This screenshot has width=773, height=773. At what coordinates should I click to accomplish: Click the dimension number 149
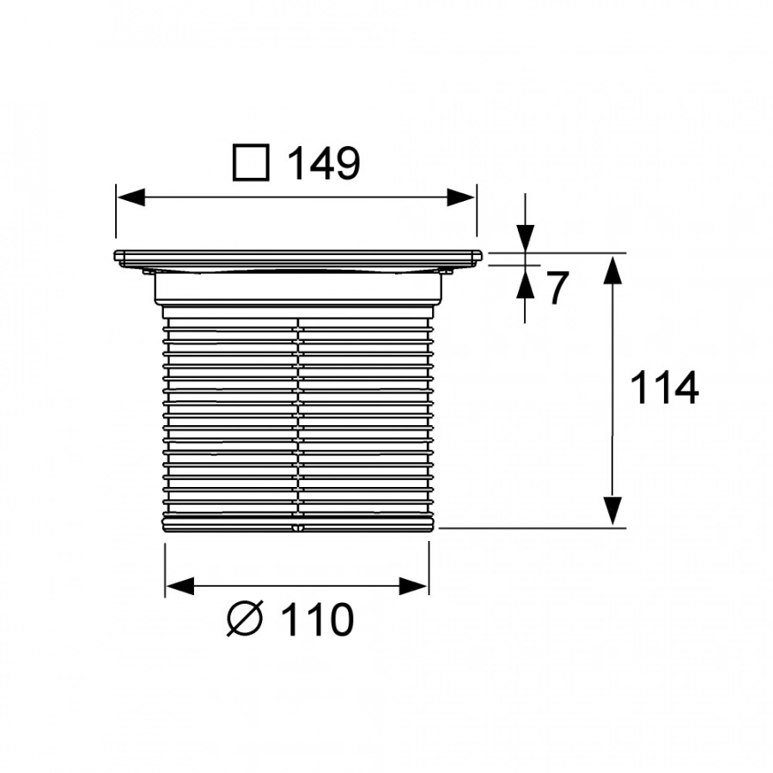pyautogui.click(x=324, y=162)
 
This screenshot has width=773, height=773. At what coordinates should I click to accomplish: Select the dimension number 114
pyautogui.click(x=664, y=387)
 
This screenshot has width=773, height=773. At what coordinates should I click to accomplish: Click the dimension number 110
pyautogui.click(x=318, y=618)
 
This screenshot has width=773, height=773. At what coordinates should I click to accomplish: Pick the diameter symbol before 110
pyautogui.click(x=245, y=618)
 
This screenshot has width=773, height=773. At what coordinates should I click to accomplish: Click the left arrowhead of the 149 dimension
pyautogui.click(x=131, y=198)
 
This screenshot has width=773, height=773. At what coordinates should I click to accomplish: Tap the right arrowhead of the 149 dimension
pyautogui.click(x=461, y=198)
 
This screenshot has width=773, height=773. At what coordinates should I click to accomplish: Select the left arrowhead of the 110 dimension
pyautogui.click(x=180, y=586)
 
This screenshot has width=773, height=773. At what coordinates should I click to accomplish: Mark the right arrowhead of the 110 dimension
pyautogui.click(x=413, y=586)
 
